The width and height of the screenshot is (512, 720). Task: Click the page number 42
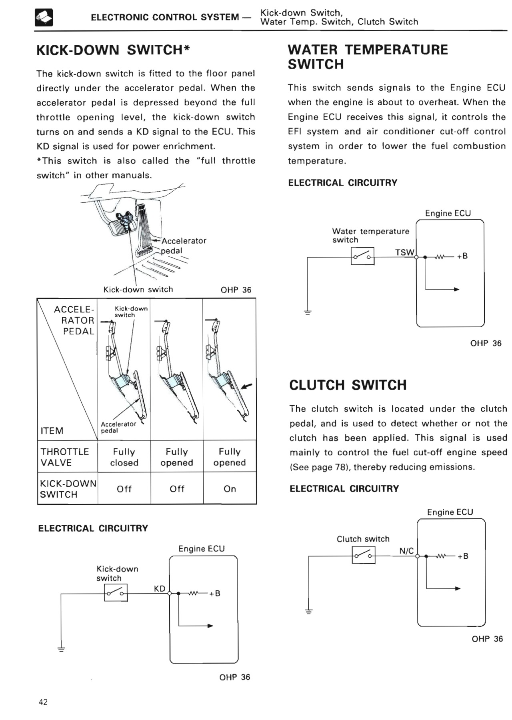43,702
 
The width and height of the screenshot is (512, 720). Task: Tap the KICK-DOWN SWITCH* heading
113,50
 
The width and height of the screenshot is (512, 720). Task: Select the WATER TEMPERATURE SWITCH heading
368,57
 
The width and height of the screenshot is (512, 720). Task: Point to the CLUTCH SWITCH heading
348,385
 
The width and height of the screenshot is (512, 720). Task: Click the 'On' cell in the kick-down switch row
230,489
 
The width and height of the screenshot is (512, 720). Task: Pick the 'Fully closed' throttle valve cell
124,457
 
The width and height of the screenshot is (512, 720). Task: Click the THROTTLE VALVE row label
64,457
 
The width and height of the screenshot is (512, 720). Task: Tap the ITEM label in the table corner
52,431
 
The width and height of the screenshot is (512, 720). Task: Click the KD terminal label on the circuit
160,588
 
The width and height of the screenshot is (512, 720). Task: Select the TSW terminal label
405,252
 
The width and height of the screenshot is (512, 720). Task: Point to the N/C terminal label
406,551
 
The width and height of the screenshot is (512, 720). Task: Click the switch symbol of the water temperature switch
362,256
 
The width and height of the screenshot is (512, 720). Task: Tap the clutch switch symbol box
364,555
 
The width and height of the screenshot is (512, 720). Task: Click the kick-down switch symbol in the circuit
116,592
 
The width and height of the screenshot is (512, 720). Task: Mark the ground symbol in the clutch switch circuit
308,611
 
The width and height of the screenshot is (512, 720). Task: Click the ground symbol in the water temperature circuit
307,312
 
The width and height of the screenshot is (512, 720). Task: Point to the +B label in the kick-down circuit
215,593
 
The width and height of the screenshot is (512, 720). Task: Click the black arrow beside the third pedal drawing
247,386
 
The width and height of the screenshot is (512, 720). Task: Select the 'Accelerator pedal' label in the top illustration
184,246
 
